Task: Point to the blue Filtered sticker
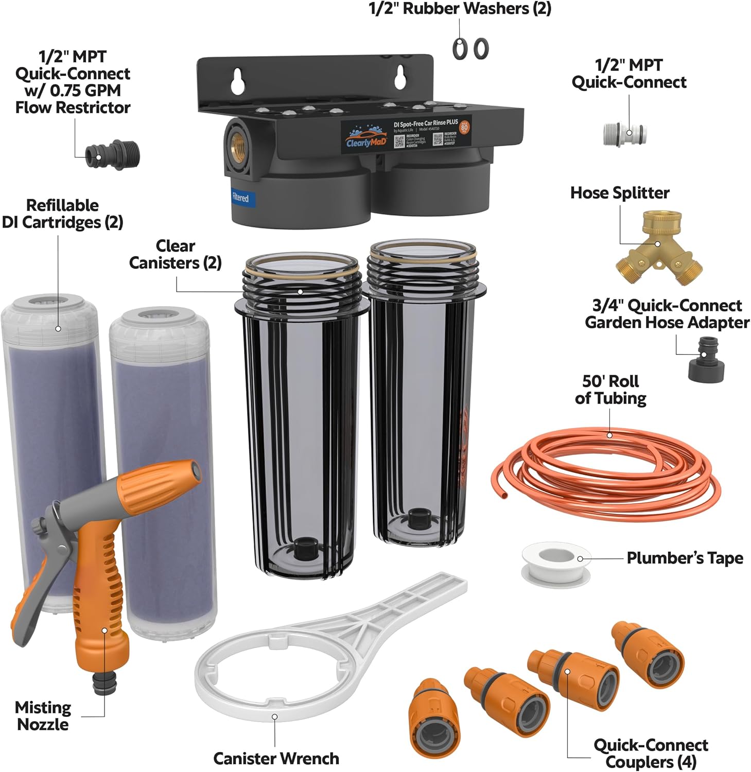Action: coord(240,198)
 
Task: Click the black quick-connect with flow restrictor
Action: coord(112,154)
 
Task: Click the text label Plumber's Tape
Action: coord(685,558)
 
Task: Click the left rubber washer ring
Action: coord(460,49)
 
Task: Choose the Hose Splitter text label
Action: coord(620,193)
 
